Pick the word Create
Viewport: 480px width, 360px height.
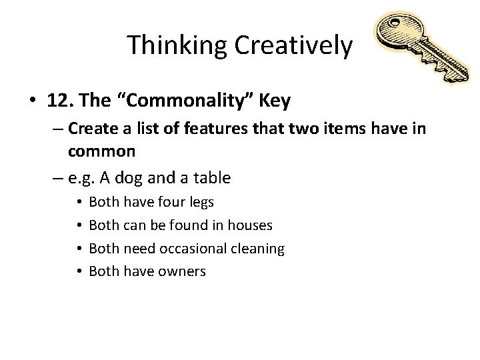pyautogui.click(x=94, y=128)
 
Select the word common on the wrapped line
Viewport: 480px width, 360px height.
pyautogui.click(x=102, y=151)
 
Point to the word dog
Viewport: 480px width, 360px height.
pyautogui.click(x=146, y=177)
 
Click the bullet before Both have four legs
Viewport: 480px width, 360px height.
pyautogui.click(x=79, y=201)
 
